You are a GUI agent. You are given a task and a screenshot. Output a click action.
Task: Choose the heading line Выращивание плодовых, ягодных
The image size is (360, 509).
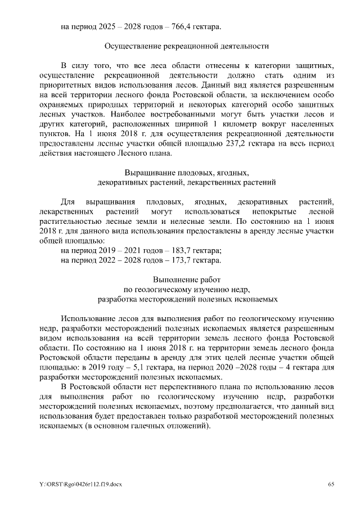click(186, 172)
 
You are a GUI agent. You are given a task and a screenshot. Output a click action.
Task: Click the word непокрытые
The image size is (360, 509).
click(262, 211)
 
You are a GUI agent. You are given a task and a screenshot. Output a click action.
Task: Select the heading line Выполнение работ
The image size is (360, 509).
click(186, 280)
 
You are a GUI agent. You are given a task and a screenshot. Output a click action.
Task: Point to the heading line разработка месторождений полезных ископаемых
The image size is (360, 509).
click(187, 299)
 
